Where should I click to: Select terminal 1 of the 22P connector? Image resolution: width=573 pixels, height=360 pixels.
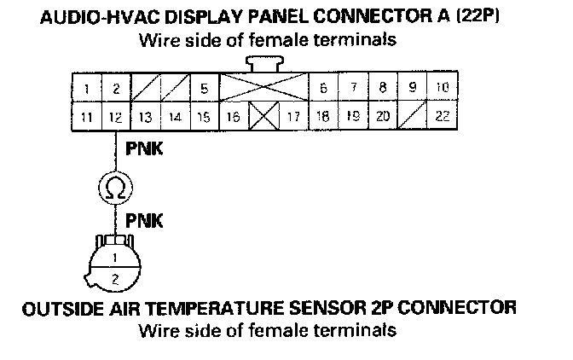tap(88, 88)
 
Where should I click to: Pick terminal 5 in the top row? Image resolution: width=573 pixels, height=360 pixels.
tap(204, 88)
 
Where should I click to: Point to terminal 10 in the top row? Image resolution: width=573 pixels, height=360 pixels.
tap(442, 87)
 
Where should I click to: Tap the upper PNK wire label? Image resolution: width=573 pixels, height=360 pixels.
tap(144, 150)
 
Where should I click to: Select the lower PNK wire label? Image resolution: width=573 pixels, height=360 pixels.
tap(144, 222)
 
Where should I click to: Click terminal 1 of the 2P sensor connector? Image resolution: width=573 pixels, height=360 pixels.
tap(113, 257)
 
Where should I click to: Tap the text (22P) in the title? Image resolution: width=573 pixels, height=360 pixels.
tap(472, 19)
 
